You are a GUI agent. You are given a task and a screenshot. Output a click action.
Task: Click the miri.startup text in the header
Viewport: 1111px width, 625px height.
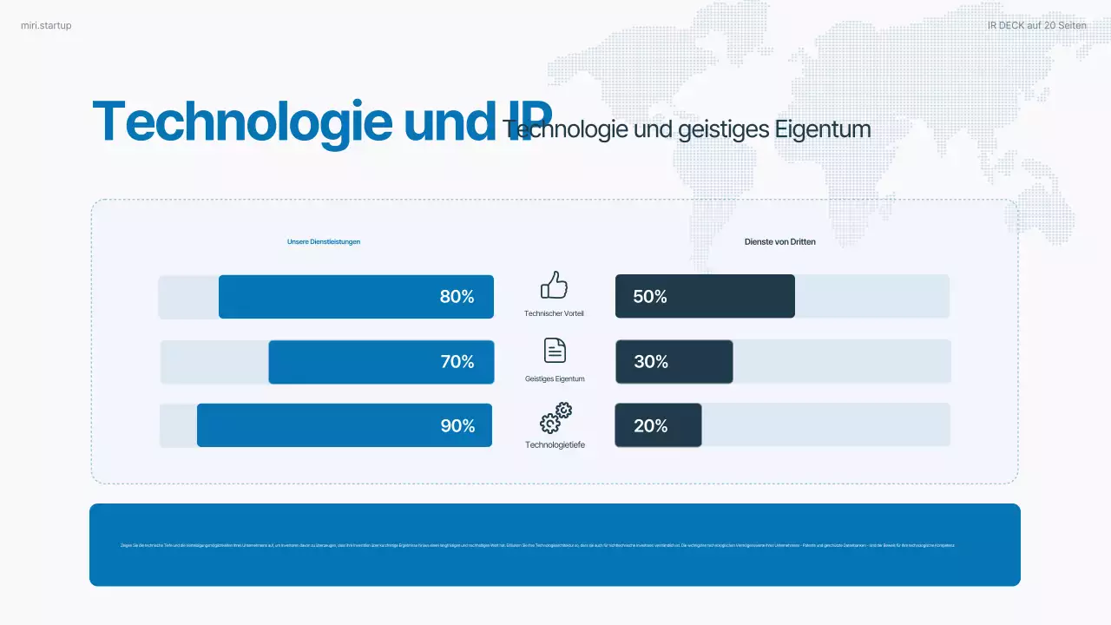46,26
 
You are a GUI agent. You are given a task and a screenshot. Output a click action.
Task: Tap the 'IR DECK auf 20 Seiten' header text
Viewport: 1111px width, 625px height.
1036,26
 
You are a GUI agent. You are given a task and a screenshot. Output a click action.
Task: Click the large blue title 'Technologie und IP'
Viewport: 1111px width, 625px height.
321,122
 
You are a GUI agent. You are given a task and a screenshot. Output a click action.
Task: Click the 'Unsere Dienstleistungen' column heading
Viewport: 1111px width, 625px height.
324,242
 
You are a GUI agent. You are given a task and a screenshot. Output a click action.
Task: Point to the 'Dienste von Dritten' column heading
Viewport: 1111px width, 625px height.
779,242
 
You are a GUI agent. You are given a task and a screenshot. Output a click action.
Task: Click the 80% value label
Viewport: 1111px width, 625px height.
457,297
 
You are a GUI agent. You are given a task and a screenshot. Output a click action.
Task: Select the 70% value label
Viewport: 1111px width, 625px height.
457,362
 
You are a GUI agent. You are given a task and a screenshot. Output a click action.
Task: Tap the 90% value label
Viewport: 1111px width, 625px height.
457,426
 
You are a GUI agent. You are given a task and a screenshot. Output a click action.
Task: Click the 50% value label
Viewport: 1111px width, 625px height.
650,297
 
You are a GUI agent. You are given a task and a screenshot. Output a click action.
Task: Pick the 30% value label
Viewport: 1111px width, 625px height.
650,362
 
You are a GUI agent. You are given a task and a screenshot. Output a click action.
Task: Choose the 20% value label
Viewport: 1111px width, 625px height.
650,426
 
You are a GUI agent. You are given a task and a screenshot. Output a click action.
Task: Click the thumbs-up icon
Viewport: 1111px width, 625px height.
554,285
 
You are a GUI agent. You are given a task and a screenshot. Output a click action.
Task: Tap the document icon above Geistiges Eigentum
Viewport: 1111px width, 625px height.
555,350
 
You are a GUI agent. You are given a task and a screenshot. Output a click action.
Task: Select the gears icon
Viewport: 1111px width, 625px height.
555,418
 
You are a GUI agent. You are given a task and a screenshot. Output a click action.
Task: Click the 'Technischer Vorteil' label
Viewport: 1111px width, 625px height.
555,313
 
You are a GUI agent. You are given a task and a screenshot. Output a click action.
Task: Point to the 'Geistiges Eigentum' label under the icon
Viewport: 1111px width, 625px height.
555,379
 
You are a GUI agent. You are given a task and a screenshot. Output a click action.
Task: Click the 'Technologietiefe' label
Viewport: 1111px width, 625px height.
555,445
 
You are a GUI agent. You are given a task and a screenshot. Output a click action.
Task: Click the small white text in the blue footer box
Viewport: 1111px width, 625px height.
537,545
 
